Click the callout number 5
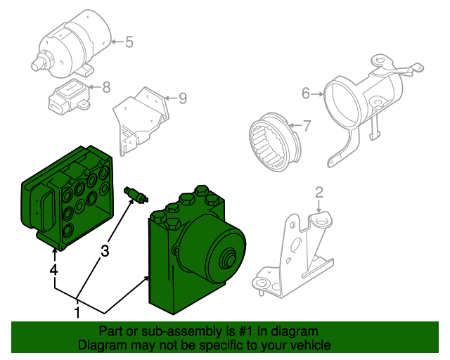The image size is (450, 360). pos(129,42)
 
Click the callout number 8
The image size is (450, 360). pos(106,88)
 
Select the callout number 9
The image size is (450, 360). pos(182,98)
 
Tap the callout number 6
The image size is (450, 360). pos(306,93)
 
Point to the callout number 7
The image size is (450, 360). pos(306,126)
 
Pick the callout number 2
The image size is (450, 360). pos(319,192)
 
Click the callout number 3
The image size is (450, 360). pos(105,250)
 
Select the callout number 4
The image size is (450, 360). pos(53,269)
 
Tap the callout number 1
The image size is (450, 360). pos(77,311)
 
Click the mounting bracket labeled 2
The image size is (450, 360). pos(295,253)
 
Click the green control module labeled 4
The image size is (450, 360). pos(67,200)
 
